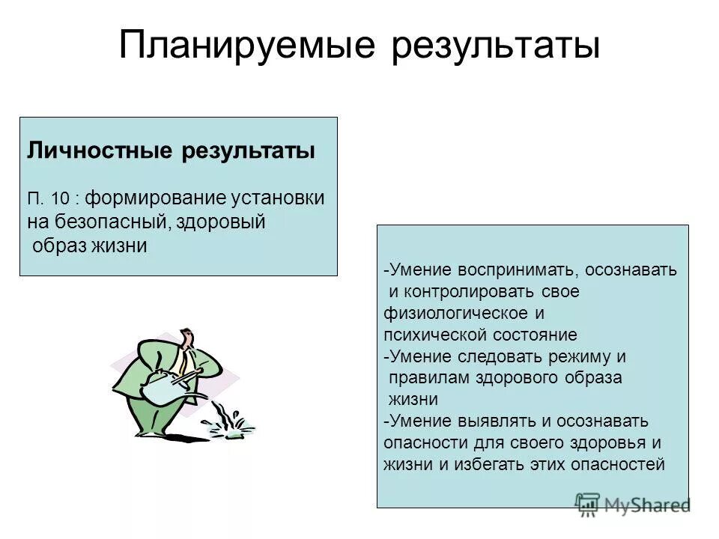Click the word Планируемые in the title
click(246, 46)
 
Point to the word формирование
click(141, 198)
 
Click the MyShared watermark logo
click(633, 504)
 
